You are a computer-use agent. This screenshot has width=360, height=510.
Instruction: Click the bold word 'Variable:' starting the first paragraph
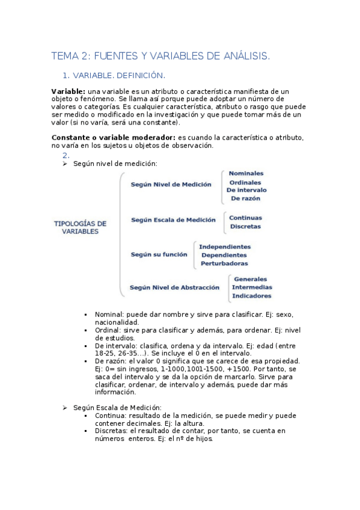[x=69, y=91]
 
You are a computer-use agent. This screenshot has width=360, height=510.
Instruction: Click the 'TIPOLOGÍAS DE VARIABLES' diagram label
[x=80, y=227]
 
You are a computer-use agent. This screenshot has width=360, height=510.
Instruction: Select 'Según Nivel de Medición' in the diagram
[x=171, y=185]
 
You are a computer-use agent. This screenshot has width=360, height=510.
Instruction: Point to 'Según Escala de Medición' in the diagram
[x=172, y=220]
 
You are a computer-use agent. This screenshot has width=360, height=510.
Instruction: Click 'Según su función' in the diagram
[x=159, y=254]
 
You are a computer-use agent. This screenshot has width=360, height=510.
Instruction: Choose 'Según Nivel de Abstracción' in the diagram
[x=174, y=287]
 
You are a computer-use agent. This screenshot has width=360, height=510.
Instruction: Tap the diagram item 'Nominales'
[x=246, y=174]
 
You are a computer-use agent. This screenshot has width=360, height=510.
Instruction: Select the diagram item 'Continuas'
[x=246, y=218]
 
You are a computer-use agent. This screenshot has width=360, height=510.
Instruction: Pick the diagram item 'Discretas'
[x=245, y=227]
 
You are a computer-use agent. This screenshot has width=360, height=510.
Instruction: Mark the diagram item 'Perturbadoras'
[x=224, y=263]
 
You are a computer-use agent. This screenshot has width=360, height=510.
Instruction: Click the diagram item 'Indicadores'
[x=252, y=296]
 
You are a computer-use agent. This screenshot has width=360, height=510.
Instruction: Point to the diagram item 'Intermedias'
[x=252, y=287]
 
